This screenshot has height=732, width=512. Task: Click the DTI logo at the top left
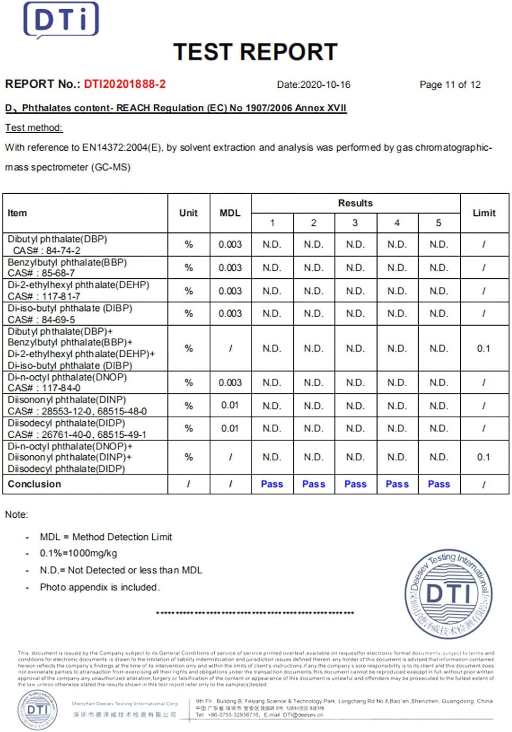[x=61, y=20]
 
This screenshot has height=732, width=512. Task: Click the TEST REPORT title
[x=255, y=52]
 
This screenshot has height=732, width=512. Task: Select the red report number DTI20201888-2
[x=124, y=84]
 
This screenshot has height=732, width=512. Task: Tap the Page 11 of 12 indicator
[x=450, y=84]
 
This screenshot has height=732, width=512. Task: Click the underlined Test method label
[x=34, y=128]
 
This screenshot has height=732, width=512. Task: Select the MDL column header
[x=230, y=213]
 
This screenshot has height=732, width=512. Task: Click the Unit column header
[x=188, y=213]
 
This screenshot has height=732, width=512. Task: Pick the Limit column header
[x=484, y=213]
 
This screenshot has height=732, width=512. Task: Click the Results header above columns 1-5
[x=355, y=203]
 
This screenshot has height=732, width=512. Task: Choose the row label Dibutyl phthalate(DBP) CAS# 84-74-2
[x=57, y=244]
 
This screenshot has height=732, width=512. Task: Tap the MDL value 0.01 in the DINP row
[x=230, y=405]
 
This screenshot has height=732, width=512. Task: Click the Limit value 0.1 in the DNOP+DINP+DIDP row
[x=483, y=457]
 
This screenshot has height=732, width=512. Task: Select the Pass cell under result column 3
[x=355, y=484]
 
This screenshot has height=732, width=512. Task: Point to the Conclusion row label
[x=34, y=484]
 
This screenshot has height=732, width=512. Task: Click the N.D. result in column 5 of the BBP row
[x=438, y=267]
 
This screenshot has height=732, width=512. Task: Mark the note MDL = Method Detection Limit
[x=106, y=537]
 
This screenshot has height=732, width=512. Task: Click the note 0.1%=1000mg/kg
[x=78, y=553]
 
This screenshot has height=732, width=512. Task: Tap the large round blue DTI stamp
[x=449, y=594]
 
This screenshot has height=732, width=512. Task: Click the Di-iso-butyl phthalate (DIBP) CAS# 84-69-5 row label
[x=69, y=314]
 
